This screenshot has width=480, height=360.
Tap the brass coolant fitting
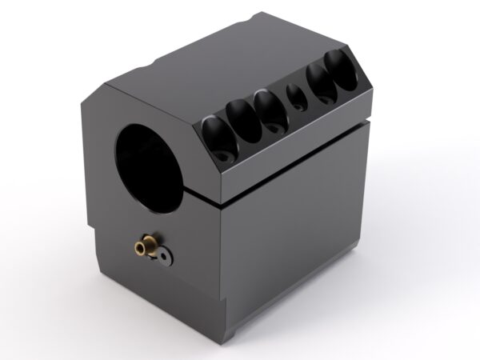[145, 245]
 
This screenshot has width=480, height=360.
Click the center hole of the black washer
[162, 256]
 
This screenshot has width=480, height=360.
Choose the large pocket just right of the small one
[320, 82]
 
